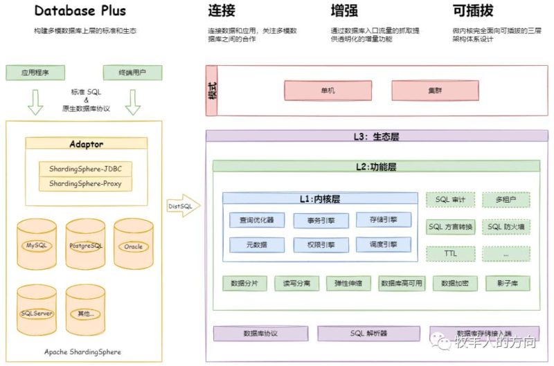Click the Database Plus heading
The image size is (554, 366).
[80, 11]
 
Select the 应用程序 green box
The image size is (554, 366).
[35, 72]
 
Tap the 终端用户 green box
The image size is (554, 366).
[132, 72]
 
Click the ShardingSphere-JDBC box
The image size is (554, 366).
[86, 169]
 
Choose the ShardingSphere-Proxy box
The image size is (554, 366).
[86, 184]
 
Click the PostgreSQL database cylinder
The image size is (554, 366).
[86, 246]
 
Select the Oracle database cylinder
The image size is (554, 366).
[133, 246]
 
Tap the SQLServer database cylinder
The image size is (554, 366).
[37, 313]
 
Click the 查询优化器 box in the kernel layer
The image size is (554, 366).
[256, 220]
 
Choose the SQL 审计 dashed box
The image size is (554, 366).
[450, 200]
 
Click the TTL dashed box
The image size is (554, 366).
[450, 253]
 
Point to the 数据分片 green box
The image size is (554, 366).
[244, 284]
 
